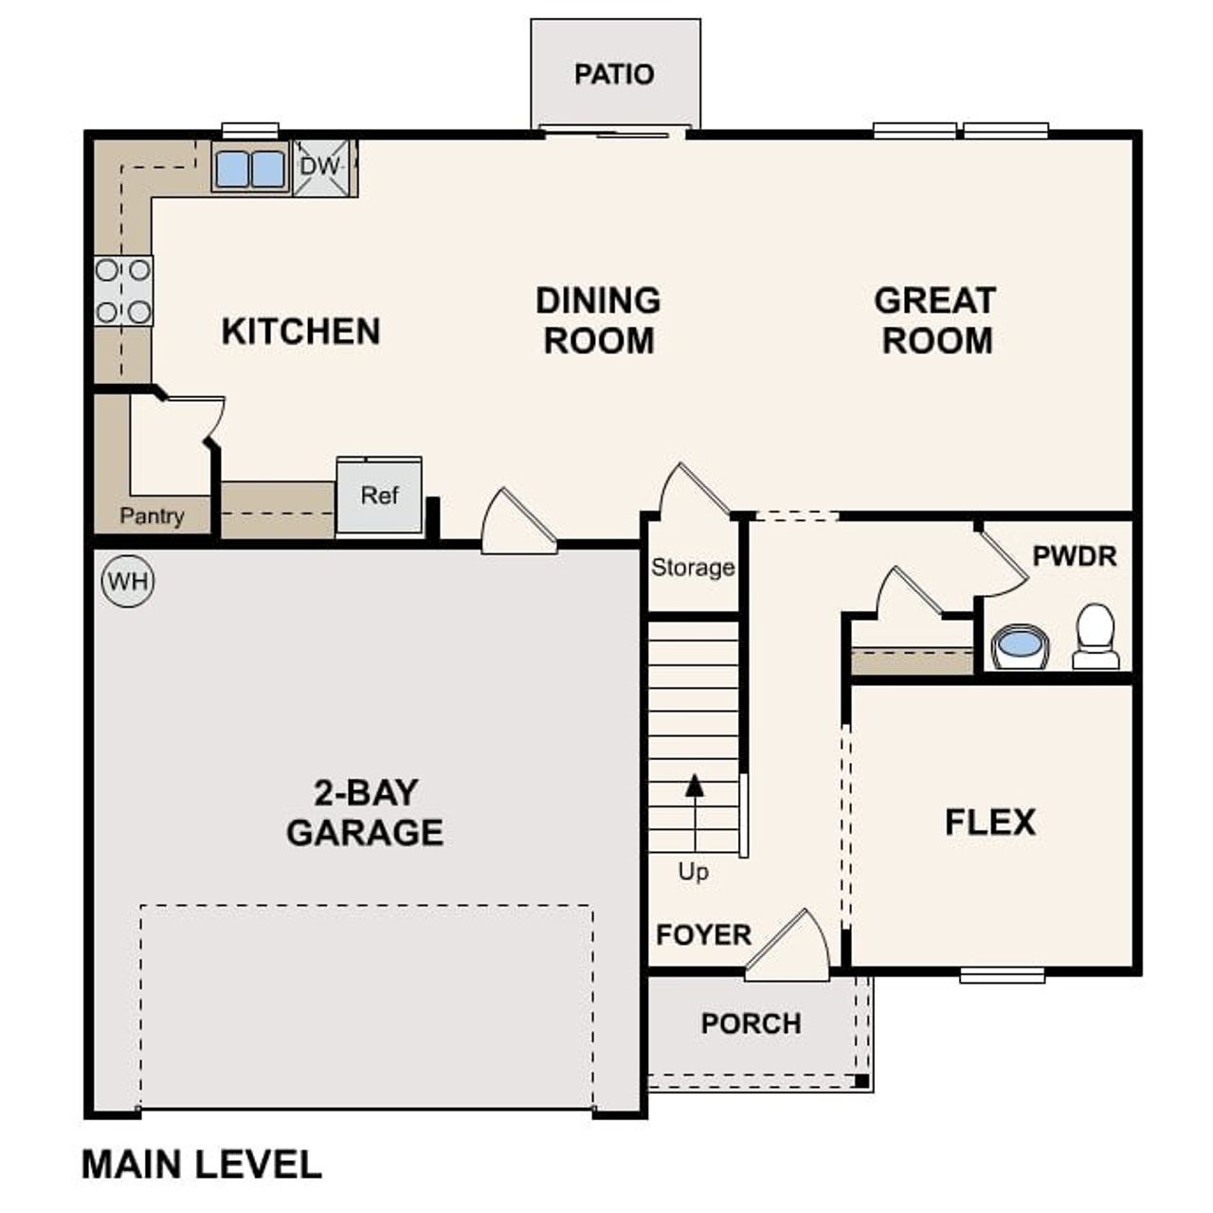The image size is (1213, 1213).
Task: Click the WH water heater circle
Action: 128,580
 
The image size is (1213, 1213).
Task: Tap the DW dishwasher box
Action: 321,168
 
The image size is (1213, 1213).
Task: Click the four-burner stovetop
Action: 123,291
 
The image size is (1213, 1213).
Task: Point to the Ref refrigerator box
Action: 379,496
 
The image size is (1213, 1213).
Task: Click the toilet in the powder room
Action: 1095,637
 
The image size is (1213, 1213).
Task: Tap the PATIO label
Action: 614,74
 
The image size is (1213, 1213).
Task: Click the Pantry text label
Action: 152,516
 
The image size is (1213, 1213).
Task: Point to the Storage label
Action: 693,568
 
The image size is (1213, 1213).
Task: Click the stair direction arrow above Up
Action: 696,786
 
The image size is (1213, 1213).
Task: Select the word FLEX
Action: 990,822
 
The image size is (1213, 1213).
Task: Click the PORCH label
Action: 751,1023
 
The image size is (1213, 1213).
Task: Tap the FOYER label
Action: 703,935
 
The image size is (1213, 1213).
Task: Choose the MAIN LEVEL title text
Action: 202,1165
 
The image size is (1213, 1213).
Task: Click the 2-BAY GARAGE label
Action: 365,812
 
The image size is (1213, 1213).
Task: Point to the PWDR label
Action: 1075,556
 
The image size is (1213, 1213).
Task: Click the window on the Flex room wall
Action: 1002,974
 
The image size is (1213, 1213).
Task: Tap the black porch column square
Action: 861,1080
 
